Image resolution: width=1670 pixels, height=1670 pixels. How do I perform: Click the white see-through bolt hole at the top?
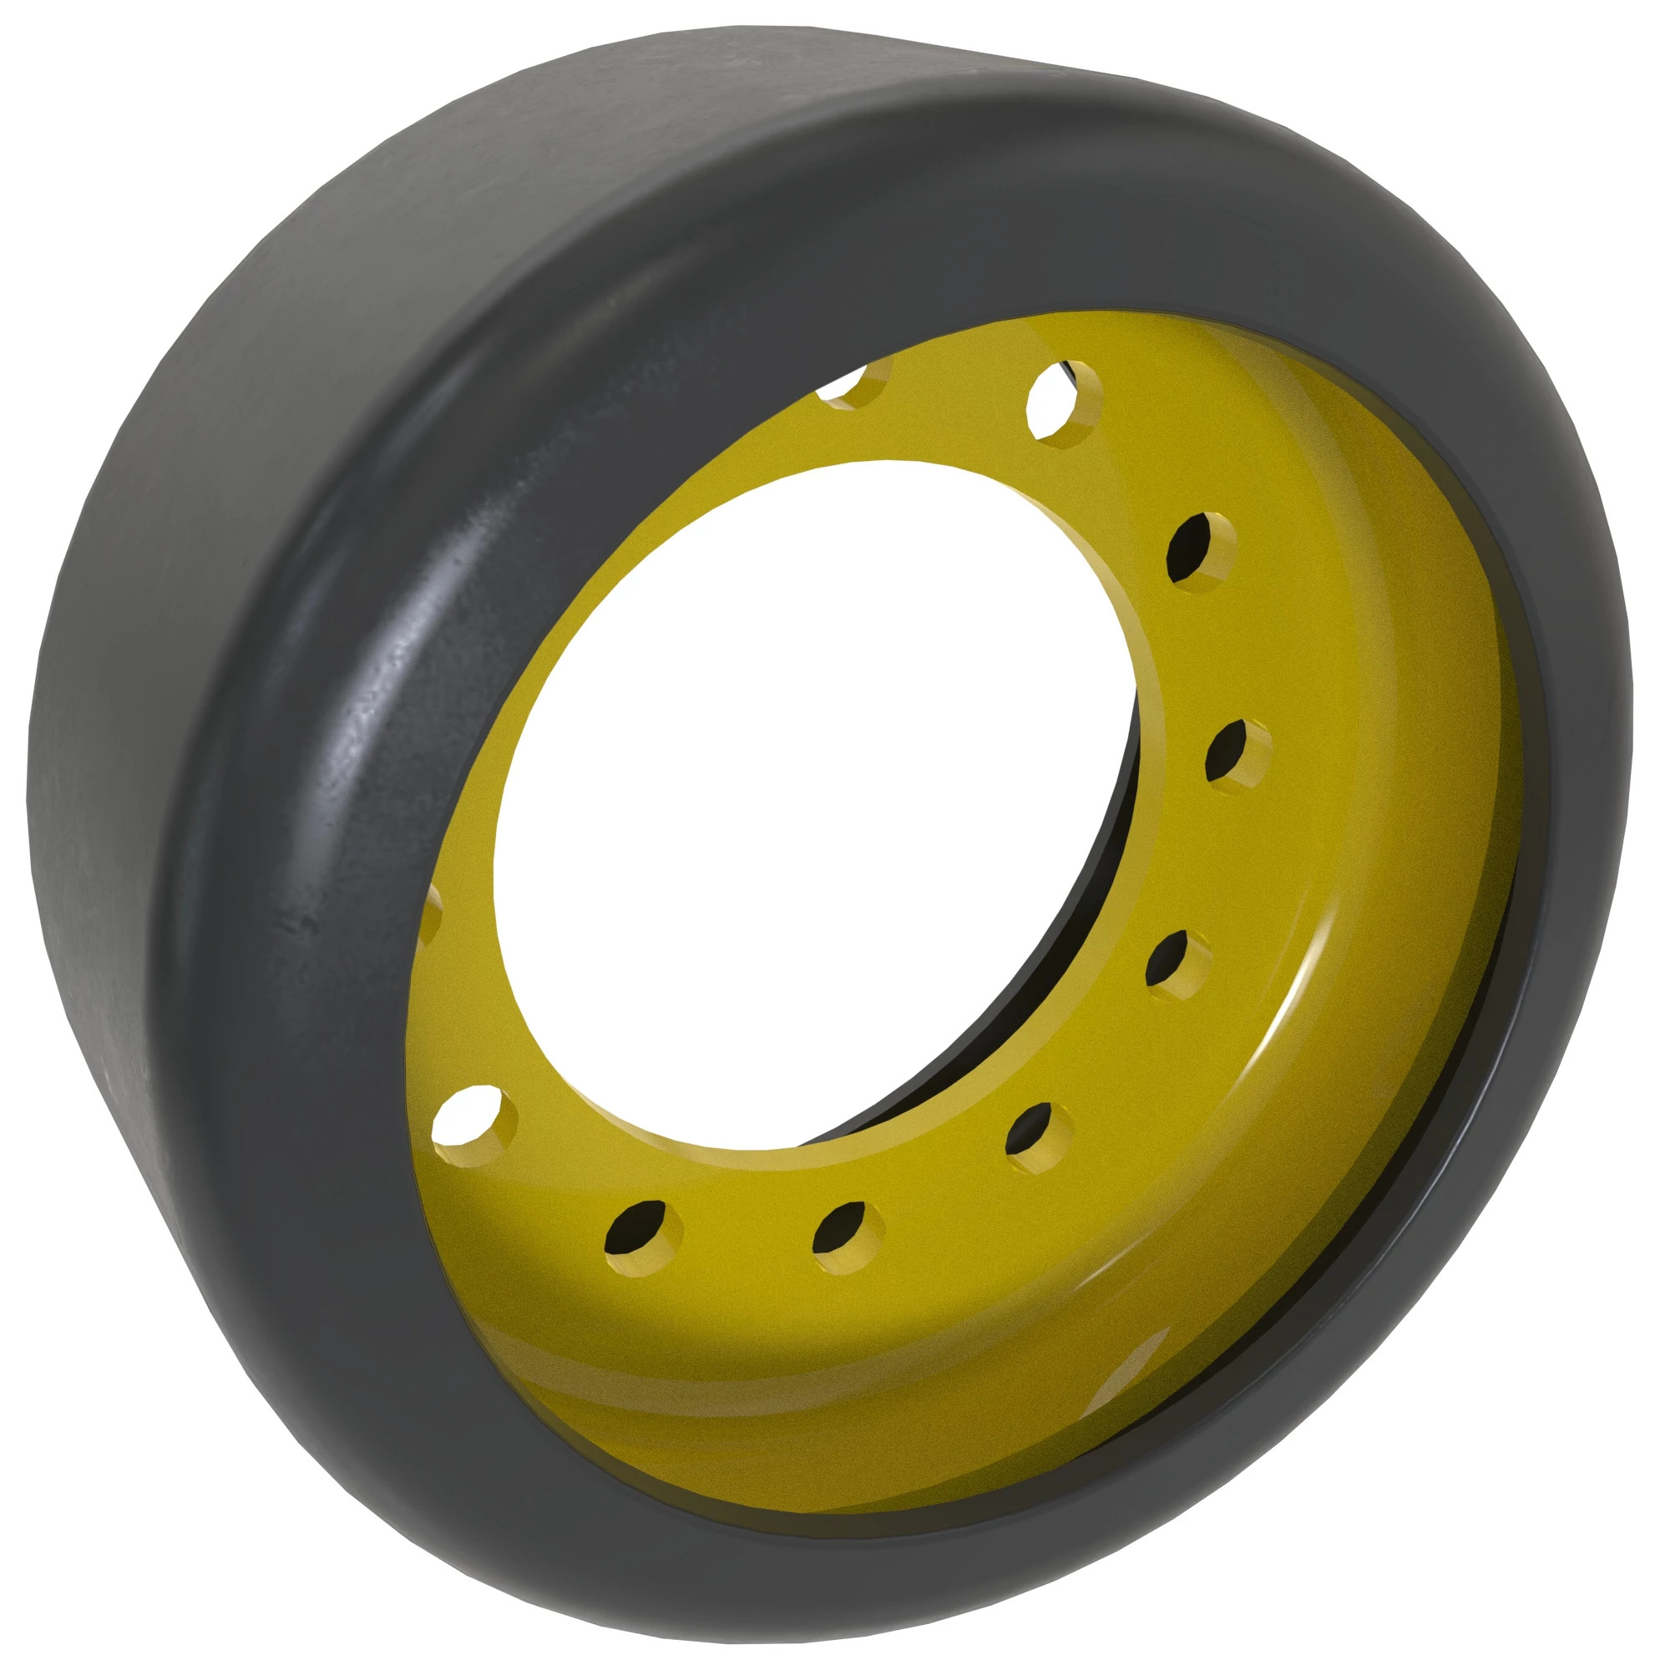point(1061,404)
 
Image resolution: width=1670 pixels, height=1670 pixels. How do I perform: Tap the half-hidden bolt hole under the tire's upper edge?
point(854,385)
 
